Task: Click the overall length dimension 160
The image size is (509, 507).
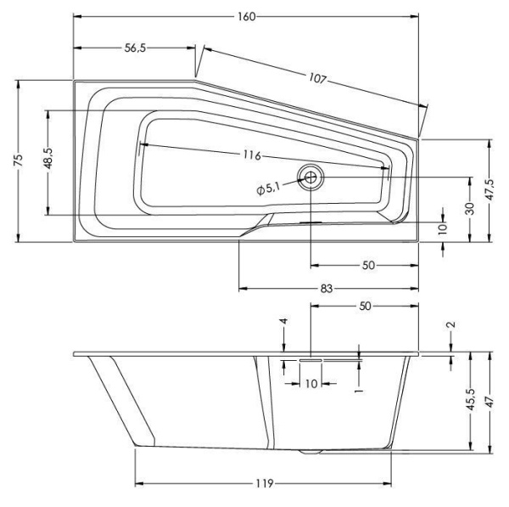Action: (x=247, y=17)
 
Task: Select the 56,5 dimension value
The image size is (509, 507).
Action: (x=135, y=48)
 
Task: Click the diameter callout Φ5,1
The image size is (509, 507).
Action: (x=267, y=189)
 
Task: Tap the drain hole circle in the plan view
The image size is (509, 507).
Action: (x=310, y=177)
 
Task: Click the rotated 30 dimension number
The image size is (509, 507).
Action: (x=469, y=208)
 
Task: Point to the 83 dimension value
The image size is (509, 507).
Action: (x=326, y=289)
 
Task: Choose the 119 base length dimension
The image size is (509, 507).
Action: (x=262, y=483)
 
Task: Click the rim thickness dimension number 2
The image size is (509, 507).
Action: (x=450, y=325)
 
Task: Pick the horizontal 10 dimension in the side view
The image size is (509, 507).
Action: (x=310, y=384)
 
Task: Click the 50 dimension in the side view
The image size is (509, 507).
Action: (x=364, y=305)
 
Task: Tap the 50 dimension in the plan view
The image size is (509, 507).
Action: (x=367, y=266)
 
